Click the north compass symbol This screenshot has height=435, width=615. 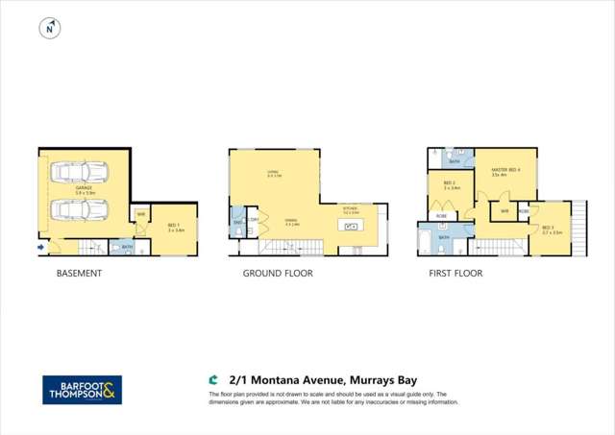pyautogui.click(x=47, y=30)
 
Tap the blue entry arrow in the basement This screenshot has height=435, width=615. pyautogui.click(x=40, y=248)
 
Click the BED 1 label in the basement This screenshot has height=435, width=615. pyautogui.click(x=175, y=228)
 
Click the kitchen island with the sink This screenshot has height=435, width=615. pyautogui.click(x=350, y=227)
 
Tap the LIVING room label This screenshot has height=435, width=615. pyautogui.click(x=274, y=174)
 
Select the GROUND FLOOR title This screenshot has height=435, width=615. pyautogui.click(x=271, y=274)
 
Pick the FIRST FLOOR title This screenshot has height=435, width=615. pyautogui.click(x=455, y=274)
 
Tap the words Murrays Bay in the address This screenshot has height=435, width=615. pyautogui.click(x=383, y=379)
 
